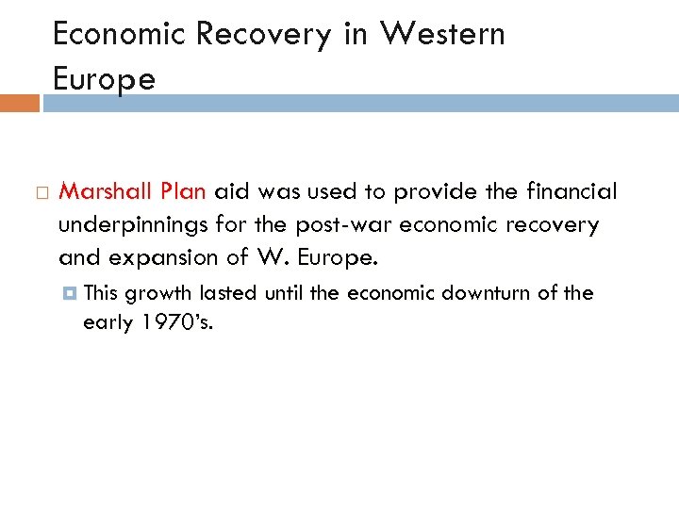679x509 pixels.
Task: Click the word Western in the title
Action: point(442,34)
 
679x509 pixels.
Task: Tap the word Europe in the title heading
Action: point(104,79)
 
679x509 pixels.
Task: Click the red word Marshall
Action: point(104,192)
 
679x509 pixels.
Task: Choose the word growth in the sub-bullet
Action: point(159,293)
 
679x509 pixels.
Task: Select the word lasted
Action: point(227,293)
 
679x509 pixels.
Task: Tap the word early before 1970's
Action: point(108,323)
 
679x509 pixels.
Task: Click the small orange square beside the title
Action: point(19,103)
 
